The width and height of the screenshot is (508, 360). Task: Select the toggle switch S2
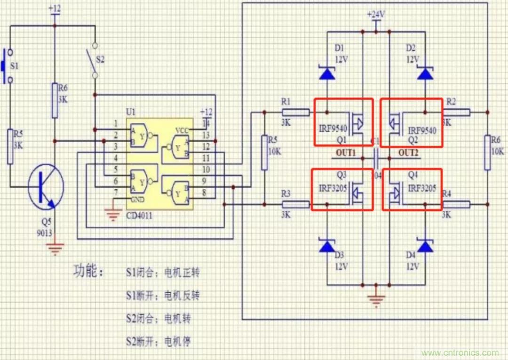(95, 60)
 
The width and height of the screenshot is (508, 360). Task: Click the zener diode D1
(327, 73)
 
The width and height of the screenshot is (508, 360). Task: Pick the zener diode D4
(425, 246)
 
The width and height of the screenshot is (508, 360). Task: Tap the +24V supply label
(376, 15)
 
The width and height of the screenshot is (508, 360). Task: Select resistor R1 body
(295, 112)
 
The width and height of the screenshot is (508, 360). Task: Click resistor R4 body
(456, 204)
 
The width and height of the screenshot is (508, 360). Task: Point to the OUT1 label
(346, 153)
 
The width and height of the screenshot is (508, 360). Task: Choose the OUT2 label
(408, 153)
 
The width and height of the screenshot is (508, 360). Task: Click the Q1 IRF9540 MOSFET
(343, 122)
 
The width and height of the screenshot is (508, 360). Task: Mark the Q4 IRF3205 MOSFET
(412, 190)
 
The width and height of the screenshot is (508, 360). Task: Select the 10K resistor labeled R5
(264, 152)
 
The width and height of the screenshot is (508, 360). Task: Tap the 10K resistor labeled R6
(487, 152)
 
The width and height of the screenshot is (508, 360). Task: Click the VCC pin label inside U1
(183, 130)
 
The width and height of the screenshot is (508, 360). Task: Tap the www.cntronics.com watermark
(460, 352)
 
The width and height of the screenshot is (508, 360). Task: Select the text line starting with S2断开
(158, 341)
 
